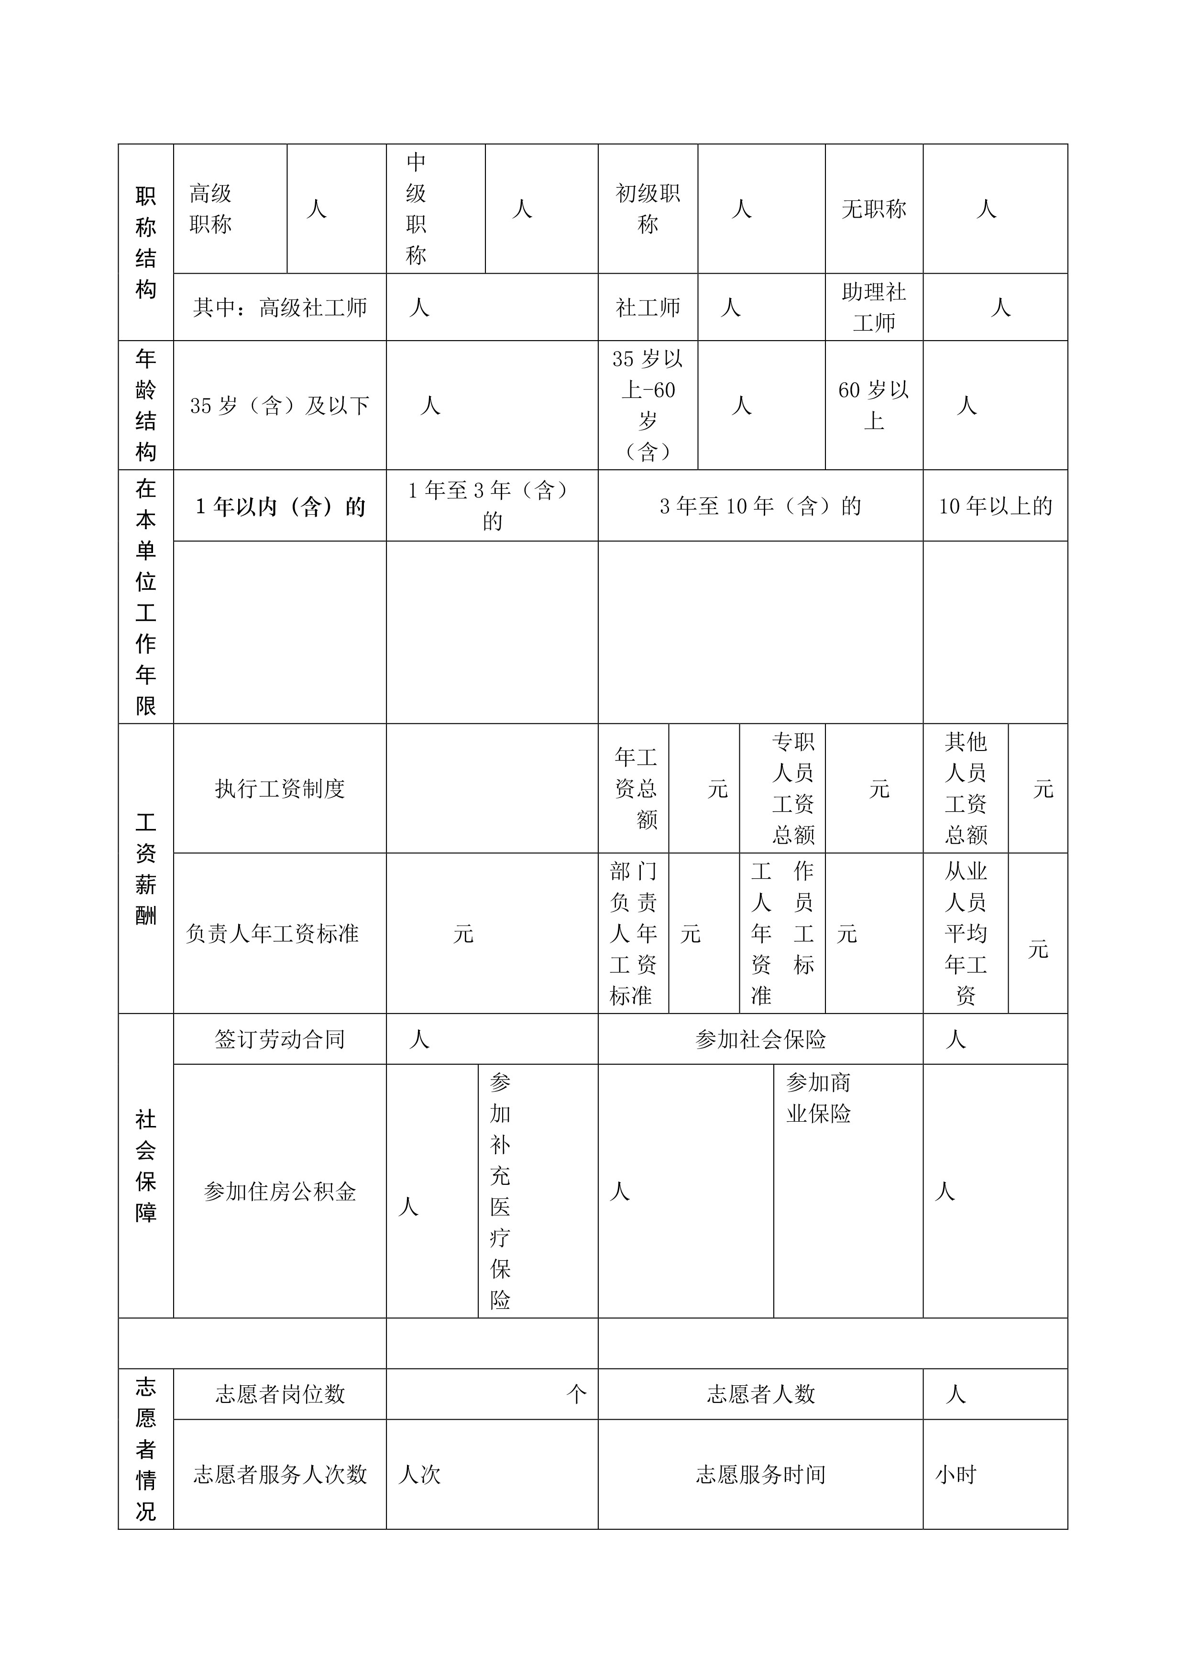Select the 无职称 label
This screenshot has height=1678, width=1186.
tap(874, 210)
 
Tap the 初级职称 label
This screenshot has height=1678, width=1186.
tap(648, 209)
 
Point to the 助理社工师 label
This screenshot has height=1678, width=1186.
tap(874, 308)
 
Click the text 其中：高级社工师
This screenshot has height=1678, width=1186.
tap(280, 308)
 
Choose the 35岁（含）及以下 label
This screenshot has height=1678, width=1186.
tap(280, 406)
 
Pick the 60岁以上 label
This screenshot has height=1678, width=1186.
tap(874, 406)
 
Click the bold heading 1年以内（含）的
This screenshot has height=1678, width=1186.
tap(280, 507)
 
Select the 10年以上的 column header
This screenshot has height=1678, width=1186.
tap(995, 507)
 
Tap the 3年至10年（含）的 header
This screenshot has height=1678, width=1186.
tap(760, 507)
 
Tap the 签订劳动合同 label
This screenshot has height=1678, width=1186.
tap(280, 1040)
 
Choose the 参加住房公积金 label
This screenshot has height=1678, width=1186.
tap(280, 1192)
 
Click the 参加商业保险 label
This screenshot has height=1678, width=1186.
tap(818, 1098)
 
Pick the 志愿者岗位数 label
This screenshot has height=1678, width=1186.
tap(280, 1394)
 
